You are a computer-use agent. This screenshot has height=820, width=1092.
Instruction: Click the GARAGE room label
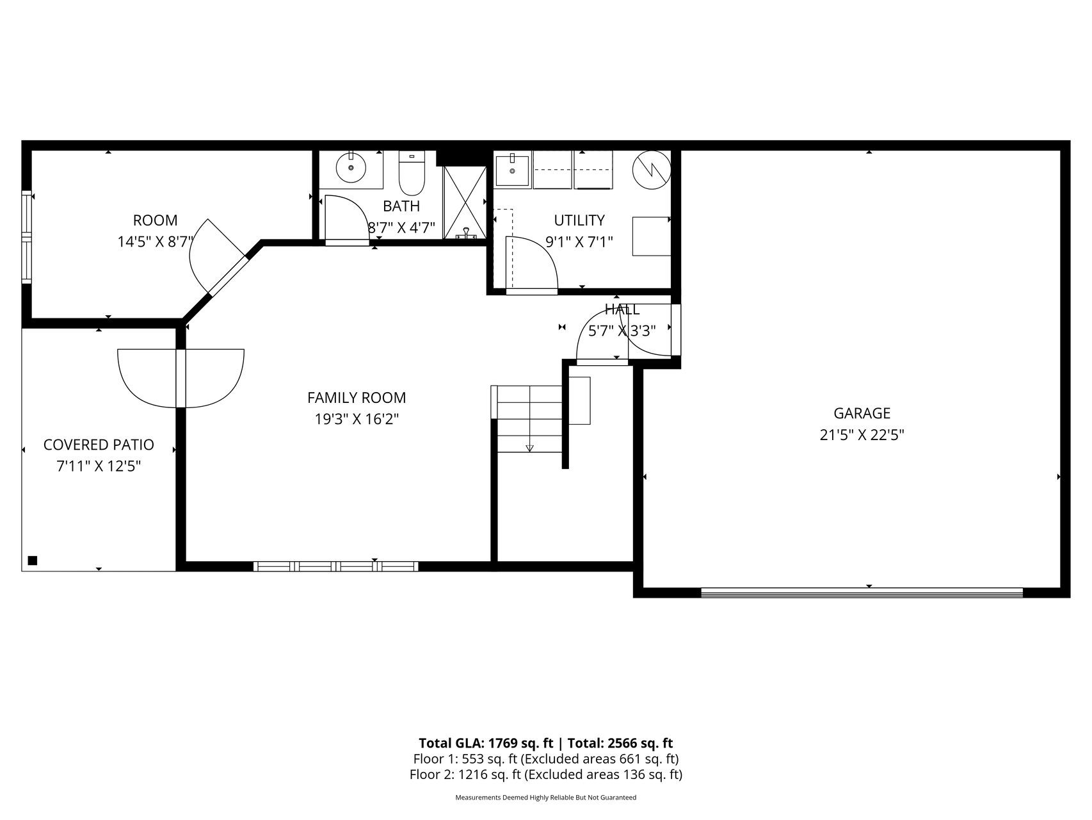tap(862, 413)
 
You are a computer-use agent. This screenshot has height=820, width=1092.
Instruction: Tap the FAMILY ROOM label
tap(357, 398)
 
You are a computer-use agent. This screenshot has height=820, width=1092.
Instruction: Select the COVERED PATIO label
tap(99, 445)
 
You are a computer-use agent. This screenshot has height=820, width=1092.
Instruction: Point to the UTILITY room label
tap(579, 220)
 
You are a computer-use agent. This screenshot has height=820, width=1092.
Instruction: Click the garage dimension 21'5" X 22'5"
tap(862, 435)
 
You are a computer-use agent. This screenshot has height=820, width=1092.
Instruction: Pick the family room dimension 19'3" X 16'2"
tap(357, 419)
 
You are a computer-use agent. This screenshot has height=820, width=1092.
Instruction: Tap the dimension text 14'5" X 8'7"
tap(155, 242)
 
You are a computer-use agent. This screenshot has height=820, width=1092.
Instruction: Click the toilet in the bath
tap(412, 173)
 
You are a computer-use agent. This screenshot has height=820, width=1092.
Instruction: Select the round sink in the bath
tap(351, 168)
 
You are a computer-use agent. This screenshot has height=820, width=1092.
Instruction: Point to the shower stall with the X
tap(465, 202)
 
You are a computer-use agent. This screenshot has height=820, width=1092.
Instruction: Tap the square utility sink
tap(512, 170)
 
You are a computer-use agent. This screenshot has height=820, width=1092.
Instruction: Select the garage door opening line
tap(862, 593)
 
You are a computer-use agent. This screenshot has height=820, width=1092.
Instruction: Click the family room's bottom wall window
tap(336, 566)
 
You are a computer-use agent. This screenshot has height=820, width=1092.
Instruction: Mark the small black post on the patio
tap(33, 561)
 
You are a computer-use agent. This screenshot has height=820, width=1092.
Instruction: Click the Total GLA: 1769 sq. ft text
tap(485, 743)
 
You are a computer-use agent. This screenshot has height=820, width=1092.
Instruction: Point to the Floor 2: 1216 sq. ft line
tap(545, 775)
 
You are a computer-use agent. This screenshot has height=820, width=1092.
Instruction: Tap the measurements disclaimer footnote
tap(545, 798)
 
